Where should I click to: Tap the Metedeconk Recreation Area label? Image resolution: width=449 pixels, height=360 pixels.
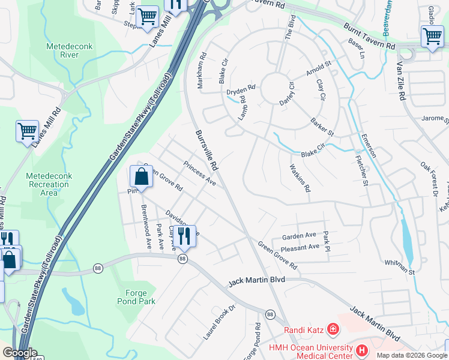49,184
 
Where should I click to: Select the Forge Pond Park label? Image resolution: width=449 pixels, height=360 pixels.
140,298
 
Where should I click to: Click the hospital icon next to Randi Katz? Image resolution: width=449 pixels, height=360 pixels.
333,329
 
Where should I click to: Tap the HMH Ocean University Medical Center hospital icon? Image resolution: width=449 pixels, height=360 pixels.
362,349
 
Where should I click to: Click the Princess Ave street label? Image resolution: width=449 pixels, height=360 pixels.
199,173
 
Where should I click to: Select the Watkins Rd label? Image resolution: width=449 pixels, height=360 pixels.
300,178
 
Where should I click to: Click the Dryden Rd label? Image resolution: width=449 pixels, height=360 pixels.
241,89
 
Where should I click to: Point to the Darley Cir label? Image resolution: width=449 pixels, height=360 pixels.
288,94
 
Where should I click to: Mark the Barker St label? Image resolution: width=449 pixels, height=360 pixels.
322,127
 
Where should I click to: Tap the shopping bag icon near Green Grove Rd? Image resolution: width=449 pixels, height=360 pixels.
140,178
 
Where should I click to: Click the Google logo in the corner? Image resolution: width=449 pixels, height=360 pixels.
19,353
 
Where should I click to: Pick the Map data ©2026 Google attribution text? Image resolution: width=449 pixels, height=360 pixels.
411,355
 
